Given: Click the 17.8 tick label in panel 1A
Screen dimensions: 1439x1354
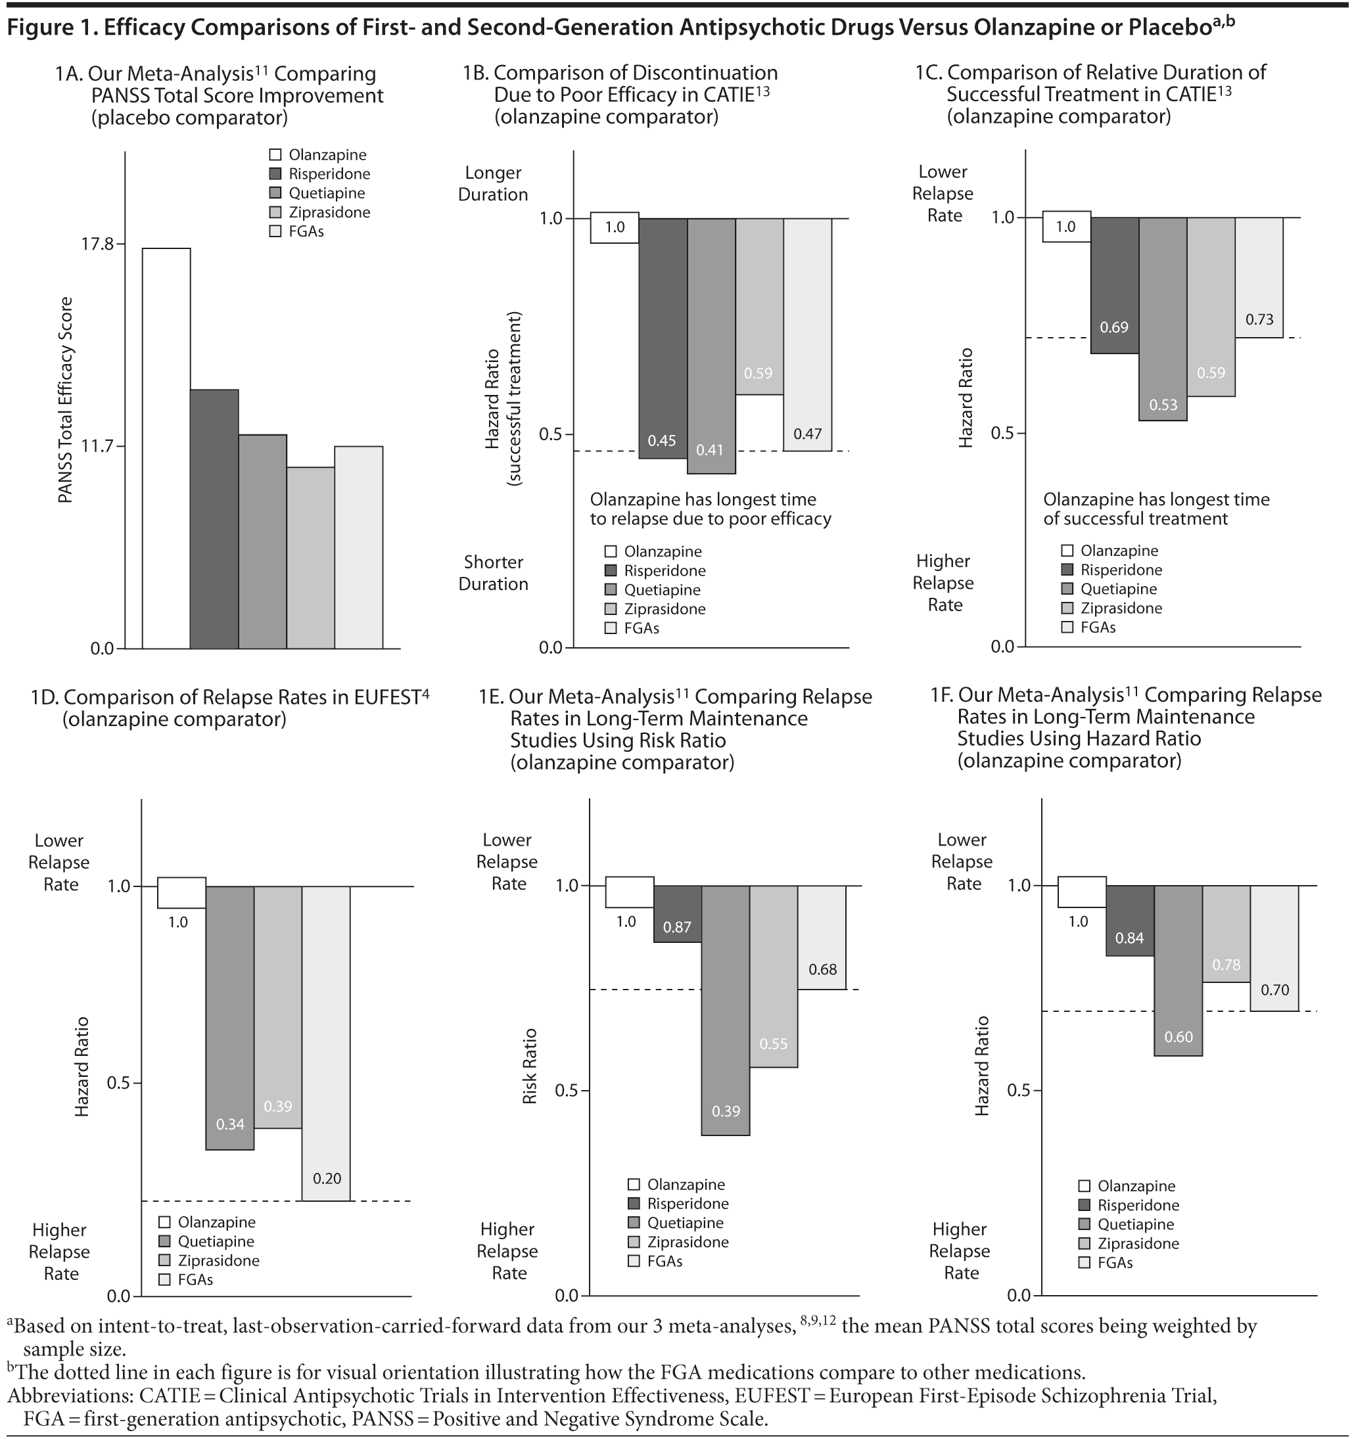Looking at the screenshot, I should pos(97,244).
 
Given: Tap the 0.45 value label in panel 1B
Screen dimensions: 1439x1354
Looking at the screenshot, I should pos(662,441).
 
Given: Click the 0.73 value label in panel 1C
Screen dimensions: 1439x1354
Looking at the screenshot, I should pos(1259,319).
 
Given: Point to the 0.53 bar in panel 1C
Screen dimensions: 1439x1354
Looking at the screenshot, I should pos(1162,319).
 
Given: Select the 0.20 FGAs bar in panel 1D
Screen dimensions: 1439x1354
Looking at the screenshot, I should pos(326,1042).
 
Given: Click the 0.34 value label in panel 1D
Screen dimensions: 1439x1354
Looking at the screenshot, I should pos(230,1124).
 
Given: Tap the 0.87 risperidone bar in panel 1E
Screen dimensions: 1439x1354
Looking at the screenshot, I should pos(677,913).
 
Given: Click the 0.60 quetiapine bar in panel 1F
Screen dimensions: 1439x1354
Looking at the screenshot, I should pos(1178,970).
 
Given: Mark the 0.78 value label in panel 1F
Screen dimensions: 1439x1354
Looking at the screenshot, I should pos(1226,965).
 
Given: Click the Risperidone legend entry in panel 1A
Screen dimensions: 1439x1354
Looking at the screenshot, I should pos(329,173).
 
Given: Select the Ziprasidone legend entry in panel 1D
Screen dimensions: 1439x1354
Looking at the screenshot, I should pos(218,1260).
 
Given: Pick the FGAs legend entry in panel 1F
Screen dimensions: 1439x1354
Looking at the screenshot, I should pos(1114,1262).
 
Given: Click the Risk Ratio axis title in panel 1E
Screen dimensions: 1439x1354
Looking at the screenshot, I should pos(530,1066).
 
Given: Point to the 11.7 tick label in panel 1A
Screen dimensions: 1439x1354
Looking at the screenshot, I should pos(97,446).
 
